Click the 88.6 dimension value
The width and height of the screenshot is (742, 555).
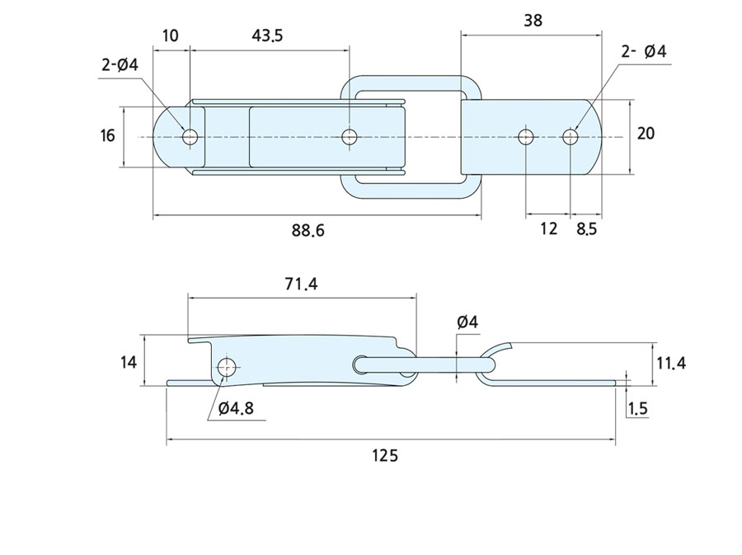[308, 231]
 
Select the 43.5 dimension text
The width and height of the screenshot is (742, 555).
[267, 35]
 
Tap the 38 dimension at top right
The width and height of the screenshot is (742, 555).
[533, 21]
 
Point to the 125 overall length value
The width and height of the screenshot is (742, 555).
[384, 455]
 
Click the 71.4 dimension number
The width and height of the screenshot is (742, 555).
[300, 285]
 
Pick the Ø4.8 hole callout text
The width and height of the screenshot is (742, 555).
[239, 408]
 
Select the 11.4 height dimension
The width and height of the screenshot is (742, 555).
[671, 363]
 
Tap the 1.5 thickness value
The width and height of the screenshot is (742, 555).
[637, 409]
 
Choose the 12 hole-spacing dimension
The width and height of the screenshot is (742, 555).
[549, 229]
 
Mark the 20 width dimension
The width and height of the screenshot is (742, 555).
[646, 133]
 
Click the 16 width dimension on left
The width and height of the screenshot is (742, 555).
[107, 135]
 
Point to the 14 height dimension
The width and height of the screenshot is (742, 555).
[127, 361]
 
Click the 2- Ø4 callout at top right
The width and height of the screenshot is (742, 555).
[644, 52]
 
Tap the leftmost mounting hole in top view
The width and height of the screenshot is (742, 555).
[190, 136]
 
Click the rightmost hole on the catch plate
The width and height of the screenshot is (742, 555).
[570, 136]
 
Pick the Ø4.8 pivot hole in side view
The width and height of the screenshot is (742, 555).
[226, 367]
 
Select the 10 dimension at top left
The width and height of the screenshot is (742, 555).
[171, 35]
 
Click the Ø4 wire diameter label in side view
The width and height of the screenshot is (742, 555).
[467, 322]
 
